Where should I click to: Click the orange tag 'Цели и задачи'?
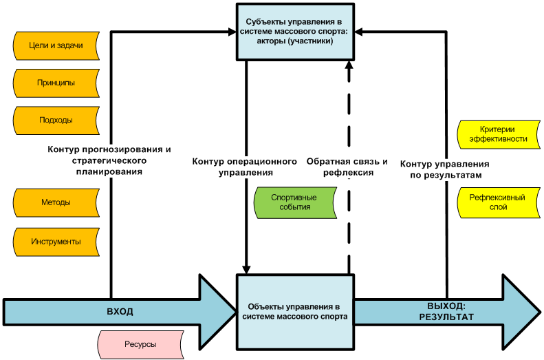pos(56,45)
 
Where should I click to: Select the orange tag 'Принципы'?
pos(56,83)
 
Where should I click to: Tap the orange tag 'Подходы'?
pos(56,120)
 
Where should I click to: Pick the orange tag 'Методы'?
pos(56,203)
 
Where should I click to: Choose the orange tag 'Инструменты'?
pos(56,242)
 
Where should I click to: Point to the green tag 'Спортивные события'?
pos(294,202)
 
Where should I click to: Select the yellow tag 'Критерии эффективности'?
pos(498,134)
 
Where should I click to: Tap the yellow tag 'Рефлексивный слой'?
pos(498,202)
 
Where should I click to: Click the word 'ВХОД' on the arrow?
pos(120,311)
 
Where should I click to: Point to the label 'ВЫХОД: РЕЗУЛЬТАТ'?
pos(446,311)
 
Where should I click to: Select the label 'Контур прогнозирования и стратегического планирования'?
pos(110,160)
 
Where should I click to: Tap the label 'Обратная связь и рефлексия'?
pos(347,167)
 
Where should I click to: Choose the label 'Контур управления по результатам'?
pos(445,170)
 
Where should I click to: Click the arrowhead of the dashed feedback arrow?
pos(349,66)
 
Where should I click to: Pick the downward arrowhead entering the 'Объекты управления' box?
pos(246,268)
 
